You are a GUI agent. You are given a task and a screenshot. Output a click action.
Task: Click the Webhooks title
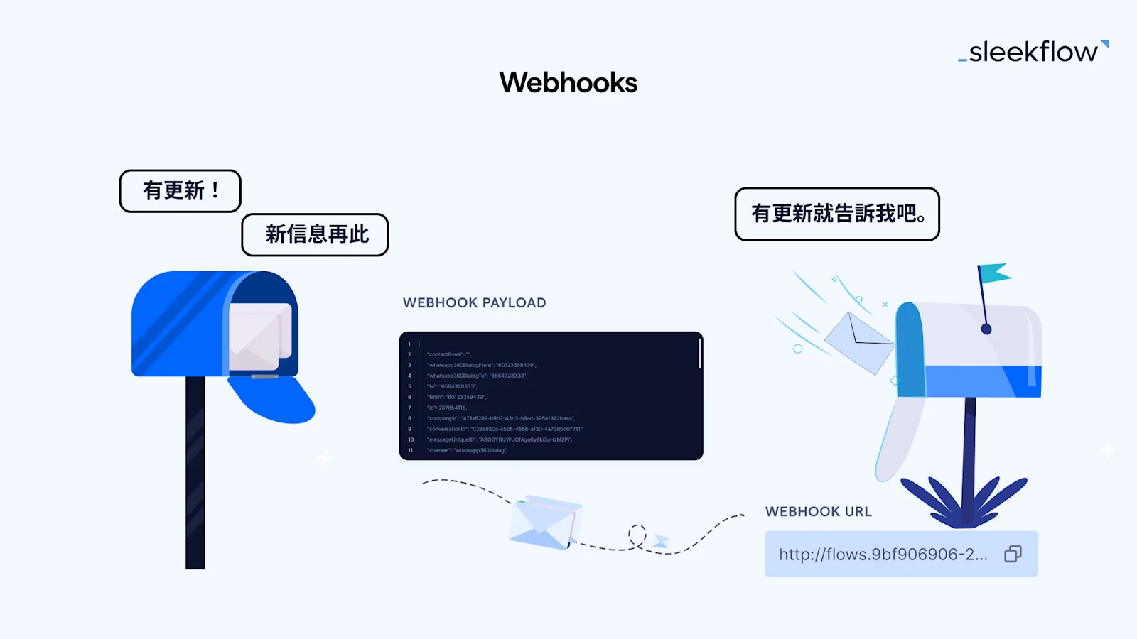point(568,82)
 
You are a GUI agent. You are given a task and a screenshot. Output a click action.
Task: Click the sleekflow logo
point(1033,52)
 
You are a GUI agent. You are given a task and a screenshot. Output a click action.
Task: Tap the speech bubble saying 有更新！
point(180,191)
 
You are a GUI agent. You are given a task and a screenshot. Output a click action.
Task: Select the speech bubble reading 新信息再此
point(315,234)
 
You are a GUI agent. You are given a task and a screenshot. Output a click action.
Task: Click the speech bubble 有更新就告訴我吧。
point(836,214)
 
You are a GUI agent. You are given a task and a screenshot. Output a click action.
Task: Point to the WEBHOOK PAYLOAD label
point(474,302)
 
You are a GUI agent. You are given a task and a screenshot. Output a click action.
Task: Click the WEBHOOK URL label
point(818,511)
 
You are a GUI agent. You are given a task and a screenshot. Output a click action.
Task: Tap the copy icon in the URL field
point(1013,554)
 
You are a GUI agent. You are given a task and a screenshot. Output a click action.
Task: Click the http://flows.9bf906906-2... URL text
point(883,554)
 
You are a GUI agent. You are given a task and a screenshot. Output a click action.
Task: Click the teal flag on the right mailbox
point(994,273)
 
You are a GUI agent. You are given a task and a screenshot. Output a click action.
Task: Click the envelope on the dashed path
point(545,522)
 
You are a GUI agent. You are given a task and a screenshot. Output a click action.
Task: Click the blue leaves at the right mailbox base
point(963,501)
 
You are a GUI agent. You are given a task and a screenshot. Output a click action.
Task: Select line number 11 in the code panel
point(410,450)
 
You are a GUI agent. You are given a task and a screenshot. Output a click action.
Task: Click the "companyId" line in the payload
point(500,418)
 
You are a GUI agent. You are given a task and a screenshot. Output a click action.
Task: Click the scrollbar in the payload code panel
point(699,354)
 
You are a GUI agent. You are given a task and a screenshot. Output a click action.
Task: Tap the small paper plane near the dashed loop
point(661,541)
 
